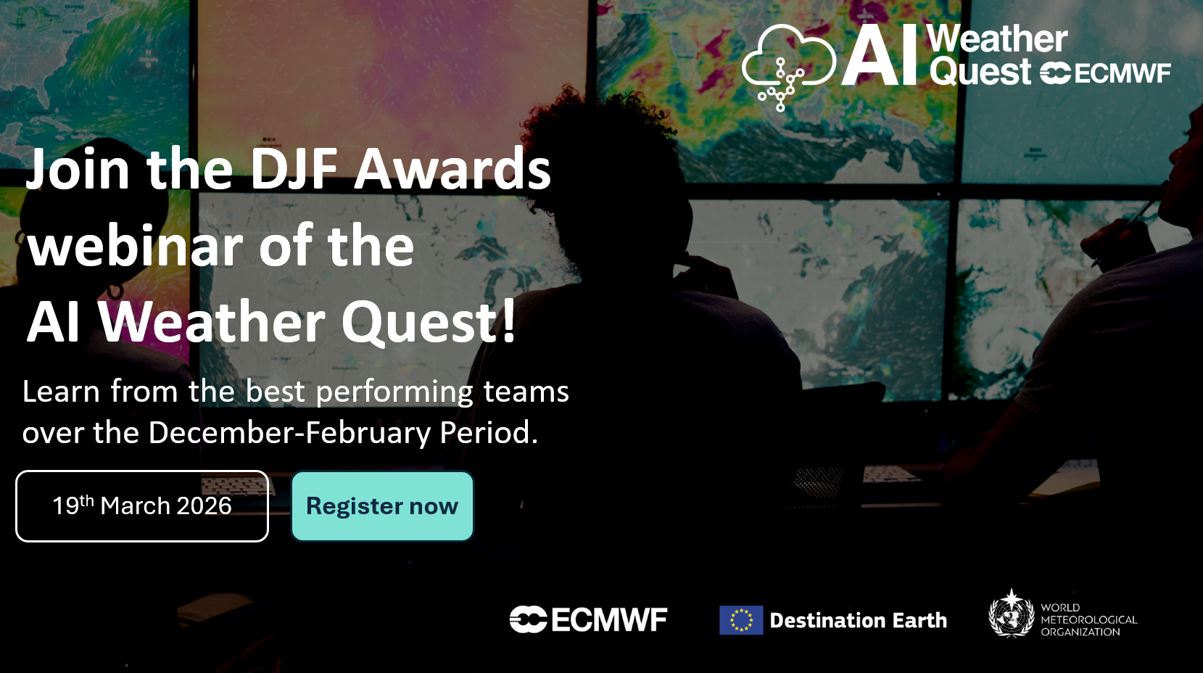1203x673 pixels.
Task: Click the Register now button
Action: [x=382, y=506]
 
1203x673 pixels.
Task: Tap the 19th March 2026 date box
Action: [x=142, y=506]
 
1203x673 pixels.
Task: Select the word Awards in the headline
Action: [x=452, y=169]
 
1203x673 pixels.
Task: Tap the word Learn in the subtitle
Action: [x=61, y=391]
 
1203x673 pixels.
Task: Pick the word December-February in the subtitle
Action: [x=289, y=433]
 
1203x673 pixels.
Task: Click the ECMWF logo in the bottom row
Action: [x=589, y=619]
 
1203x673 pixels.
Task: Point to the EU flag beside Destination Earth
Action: [x=741, y=620]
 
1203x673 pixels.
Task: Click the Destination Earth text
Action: [x=859, y=620]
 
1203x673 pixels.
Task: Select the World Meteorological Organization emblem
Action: [x=1012, y=614]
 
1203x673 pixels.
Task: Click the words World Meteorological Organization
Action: [x=1089, y=619]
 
